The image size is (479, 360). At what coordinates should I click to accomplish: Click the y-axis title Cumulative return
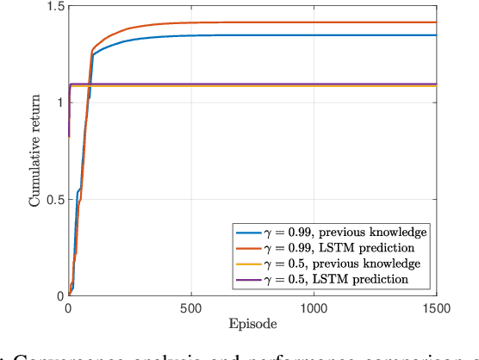point(36,152)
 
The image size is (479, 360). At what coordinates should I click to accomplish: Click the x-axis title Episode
point(253,326)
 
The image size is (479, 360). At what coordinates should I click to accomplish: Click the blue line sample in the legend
point(248,233)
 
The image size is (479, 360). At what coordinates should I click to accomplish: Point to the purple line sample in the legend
point(248,279)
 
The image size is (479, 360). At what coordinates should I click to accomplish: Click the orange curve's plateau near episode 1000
point(314,22)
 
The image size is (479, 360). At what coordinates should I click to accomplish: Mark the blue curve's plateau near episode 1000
point(314,35)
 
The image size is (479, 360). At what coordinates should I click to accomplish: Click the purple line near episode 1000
point(314,84)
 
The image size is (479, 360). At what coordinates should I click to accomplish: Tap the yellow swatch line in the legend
point(248,264)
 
